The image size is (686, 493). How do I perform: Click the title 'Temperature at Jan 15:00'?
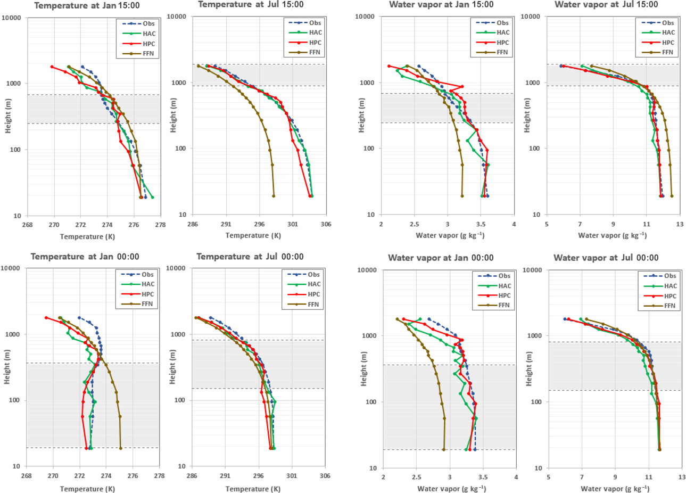click(87, 6)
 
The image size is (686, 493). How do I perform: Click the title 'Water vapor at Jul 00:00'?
click(606, 258)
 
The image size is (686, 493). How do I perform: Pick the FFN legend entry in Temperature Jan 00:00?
click(147, 304)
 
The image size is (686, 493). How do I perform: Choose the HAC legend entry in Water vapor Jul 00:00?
click(670, 286)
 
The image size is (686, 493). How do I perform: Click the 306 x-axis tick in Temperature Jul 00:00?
click(325, 476)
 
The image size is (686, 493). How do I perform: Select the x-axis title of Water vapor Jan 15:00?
click(450, 235)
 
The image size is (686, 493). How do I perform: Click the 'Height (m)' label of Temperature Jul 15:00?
click(173, 115)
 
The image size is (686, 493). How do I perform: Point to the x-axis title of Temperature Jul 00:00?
click(253, 489)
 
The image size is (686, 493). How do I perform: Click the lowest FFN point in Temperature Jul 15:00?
click(274, 196)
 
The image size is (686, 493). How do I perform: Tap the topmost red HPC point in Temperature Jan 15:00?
click(52, 67)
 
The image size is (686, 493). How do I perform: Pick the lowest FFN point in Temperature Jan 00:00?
click(121, 448)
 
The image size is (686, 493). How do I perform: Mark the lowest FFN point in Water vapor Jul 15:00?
click(672, 196)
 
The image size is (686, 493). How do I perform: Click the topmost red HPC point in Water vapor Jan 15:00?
click(389, 66)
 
